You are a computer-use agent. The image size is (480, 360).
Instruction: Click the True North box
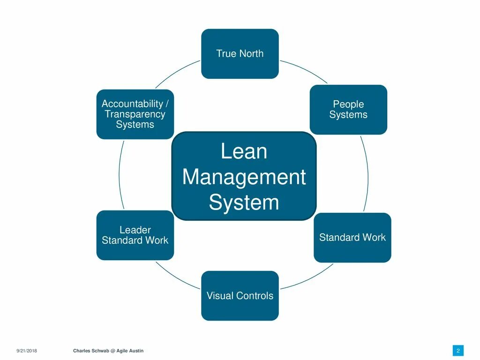(240, 53)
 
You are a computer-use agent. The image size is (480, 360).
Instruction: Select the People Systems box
(348, 110)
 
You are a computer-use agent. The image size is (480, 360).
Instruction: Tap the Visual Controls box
(240, 296)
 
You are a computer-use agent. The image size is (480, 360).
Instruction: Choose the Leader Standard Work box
(135, 235)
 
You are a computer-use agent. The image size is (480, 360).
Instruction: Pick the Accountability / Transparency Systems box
(135, 114)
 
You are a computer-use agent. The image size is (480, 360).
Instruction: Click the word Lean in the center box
(244, 151)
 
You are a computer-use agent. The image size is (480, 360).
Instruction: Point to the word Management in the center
(244, 177)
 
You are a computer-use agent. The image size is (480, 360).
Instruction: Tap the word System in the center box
(244, 202)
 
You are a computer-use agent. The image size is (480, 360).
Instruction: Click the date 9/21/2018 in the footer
(27, 351)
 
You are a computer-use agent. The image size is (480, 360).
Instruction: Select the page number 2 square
(458, 351)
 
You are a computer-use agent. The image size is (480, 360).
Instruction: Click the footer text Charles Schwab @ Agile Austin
(108, 351)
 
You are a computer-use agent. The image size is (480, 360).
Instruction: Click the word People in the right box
(348, 104)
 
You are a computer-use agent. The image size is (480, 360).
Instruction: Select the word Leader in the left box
(135, 230)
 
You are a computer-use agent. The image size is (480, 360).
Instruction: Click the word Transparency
(135, 114)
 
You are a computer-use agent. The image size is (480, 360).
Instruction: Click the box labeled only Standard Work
(352, 238)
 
